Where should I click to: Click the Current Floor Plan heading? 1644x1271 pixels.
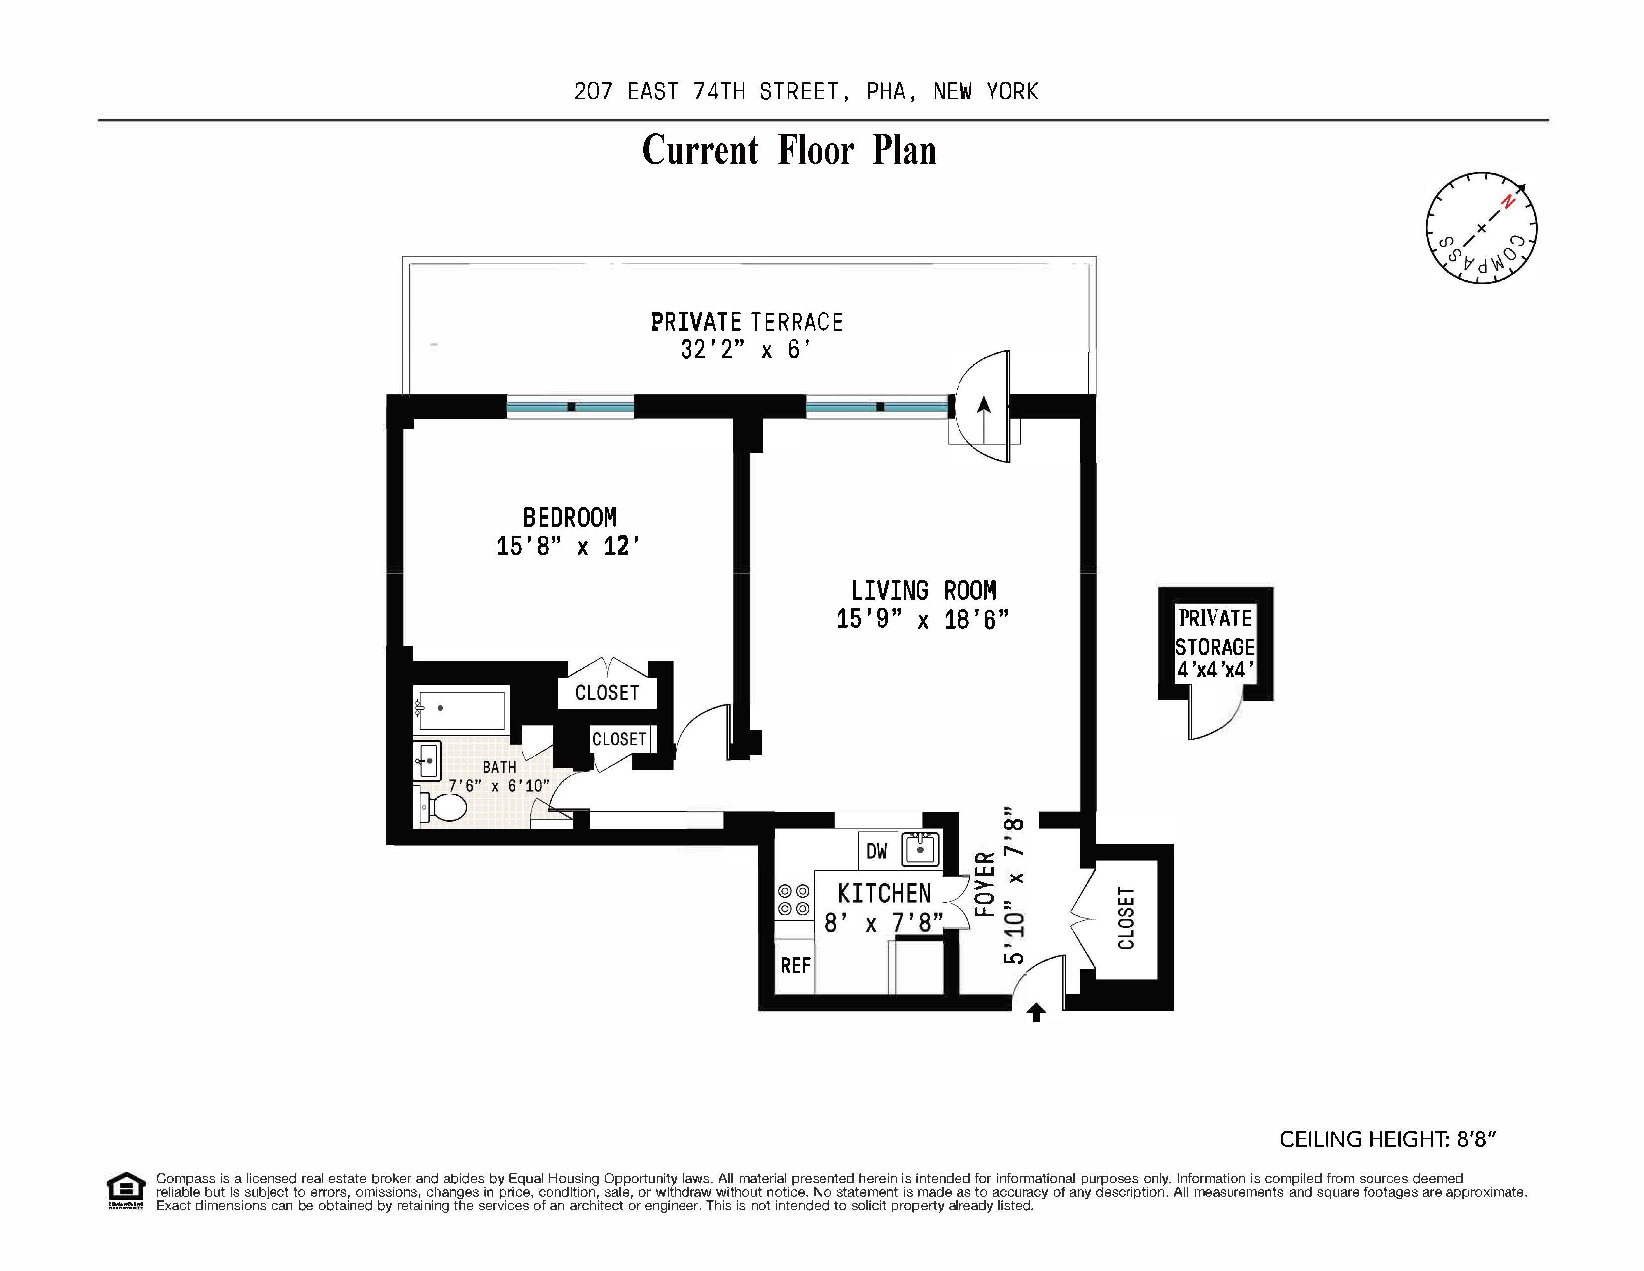pyautogui.click(x=789, y=151)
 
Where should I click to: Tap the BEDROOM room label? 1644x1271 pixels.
pyautogui.click(x=570, y=518)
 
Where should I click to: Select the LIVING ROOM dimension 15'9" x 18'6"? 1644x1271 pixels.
pyautogui.click(x=922, y=620)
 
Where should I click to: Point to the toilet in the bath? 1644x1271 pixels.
pyautogui.click(x=443, y=808)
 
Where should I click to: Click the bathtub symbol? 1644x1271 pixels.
pyautogui.click(x=461, y=709)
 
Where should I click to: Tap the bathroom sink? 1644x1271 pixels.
pyautogui.click(x=427, y=761)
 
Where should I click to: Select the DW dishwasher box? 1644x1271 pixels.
pyautogui.click(x=877, y=851)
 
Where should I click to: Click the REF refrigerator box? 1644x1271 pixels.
pyautogui.click(x=795, y=966)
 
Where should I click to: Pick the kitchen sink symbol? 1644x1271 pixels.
pyautogui.click(x=920, y=849)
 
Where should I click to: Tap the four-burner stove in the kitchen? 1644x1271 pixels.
pyautogui.click(x=794, y=900)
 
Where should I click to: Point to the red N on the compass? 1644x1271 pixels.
pyautogui.click(x=1507, y=202)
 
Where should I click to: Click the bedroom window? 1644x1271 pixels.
pyautogui.click(x=570, y=407)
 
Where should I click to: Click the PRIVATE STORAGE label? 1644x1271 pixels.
pyautogui.click(x=1215, y=633)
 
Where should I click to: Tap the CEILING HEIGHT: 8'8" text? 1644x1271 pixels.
pyautogui.click(x=1386, y=1139)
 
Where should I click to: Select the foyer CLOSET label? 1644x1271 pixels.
pyautogui.click(x=1126, y=919)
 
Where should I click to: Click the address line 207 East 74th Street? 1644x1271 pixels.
pyautogui.click(x=806, y=92)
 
